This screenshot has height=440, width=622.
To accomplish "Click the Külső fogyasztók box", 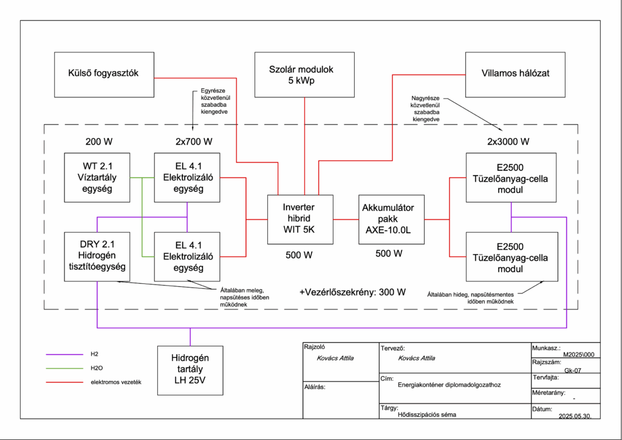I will [104, 74].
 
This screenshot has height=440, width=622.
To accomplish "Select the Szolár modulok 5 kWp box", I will [304, 74].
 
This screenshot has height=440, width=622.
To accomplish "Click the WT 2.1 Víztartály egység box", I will [97, 177].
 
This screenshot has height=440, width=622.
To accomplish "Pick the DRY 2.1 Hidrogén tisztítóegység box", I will [97, 256].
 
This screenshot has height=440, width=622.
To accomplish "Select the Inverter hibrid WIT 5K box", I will [301, 219].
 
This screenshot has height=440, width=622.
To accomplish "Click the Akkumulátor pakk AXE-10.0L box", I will [391, 219].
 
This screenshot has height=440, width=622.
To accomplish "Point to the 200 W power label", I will [100, 142].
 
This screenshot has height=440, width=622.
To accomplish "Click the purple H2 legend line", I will [64, 354].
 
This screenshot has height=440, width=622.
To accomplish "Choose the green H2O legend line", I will [64, 368].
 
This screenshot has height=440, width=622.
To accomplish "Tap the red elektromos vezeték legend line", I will [64, 382].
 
